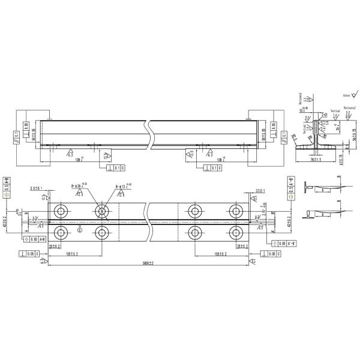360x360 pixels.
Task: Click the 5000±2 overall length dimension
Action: click(x=148, y=262)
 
